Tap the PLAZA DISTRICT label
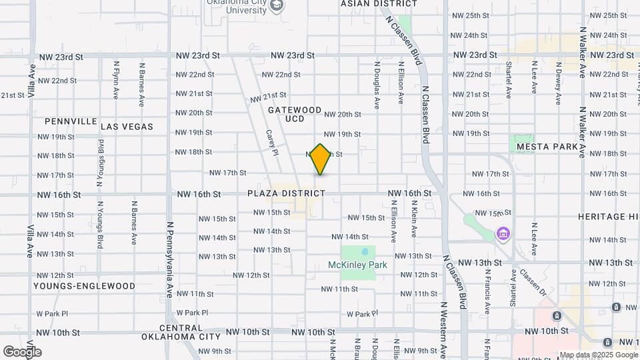click(286, 193)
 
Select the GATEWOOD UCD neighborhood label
click(295, 114)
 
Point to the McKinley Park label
click(357, 265)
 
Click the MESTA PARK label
click(546, 146)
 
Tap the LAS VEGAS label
click(127, 126)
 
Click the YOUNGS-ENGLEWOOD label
click(84, 286)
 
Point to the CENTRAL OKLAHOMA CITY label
click(181, 332)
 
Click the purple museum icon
click(502, 235)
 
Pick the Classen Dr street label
click(533, 283)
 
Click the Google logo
click(21, 351)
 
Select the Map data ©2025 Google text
click(598, 355)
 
